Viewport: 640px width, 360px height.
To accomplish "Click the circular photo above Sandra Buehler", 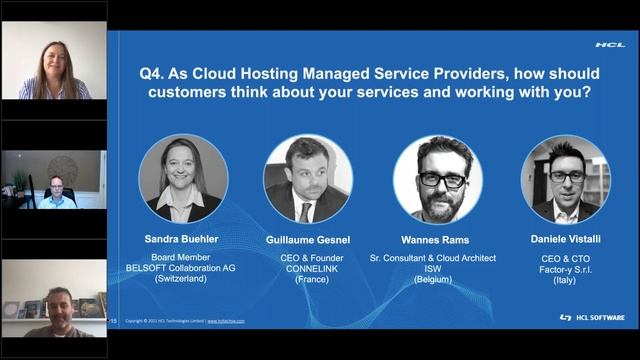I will [x=183, y=179].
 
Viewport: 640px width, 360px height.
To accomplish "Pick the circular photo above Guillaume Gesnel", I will [x=308, y=179].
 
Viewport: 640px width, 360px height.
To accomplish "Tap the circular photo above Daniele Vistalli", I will [x=565, y=179].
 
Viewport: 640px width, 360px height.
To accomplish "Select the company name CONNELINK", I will [x=307, y=268].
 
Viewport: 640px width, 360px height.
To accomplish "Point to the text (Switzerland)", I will [x=183, y=279].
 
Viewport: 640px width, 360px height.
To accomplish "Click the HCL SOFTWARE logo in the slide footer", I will [x=592, y=318].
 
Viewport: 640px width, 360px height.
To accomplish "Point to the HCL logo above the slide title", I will [x=609, y=44].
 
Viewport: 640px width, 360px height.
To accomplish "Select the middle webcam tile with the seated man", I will [x=53, y=180].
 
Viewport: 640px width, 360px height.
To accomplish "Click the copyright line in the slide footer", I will [x=185, y=321].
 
